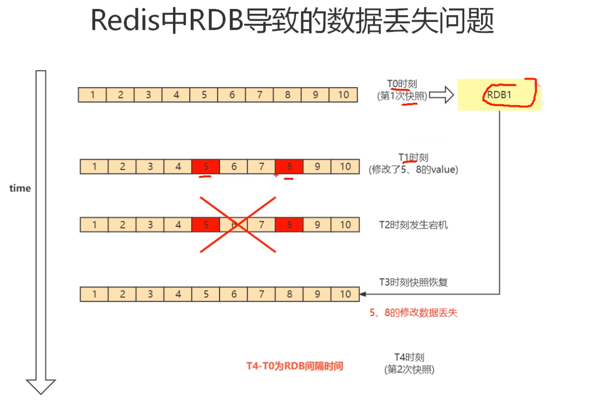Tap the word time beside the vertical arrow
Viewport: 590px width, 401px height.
coord(20,188)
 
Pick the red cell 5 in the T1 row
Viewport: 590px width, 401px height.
coord(206,167)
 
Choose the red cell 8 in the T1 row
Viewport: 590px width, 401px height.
coord(289,167)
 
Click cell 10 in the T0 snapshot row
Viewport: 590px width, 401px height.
coord(343,95)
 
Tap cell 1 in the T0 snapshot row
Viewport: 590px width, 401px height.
coord(92,95)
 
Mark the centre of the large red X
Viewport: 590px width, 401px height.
coord(237,225)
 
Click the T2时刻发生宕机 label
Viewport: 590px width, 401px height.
coord(414,225)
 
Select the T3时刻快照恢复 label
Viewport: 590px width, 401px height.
coord(413,282)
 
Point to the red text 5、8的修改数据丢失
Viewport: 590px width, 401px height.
coord(416,313)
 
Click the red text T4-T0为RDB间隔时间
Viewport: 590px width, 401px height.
coord(295,366)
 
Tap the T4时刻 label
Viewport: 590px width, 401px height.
coord(409,357)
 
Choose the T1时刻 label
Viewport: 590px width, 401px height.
coord(413,158)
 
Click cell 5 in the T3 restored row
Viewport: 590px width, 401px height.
coord(206,294)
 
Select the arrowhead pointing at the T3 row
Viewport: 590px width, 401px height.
coord(363,294)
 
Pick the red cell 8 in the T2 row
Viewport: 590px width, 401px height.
coord(289,225)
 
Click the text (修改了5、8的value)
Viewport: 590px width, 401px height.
coord(413,169)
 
